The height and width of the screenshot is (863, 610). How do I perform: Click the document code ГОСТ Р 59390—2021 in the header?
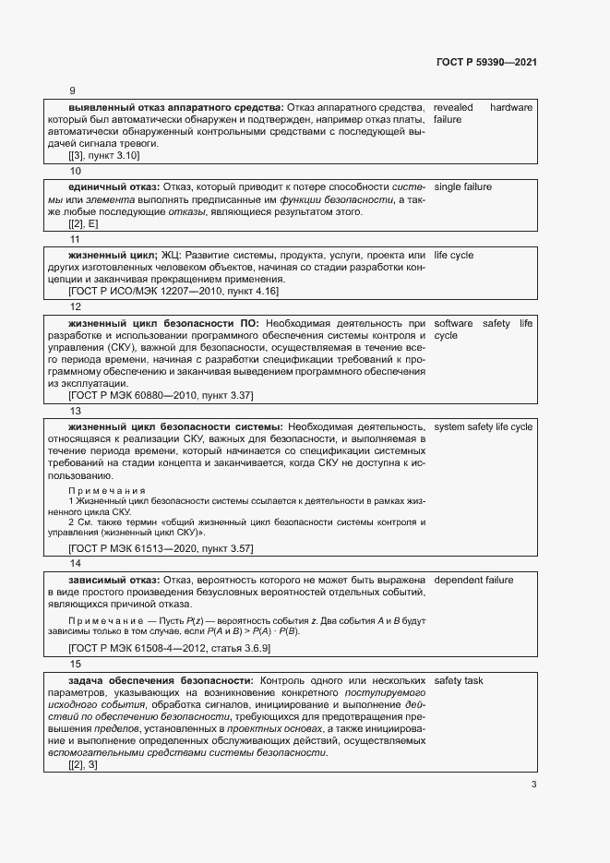tap(485, 62)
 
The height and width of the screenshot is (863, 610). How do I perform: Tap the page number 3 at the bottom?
tap(533, 785)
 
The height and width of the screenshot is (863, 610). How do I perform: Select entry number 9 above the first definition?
tap(73, 90)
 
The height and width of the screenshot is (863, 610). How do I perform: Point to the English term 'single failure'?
tap(462, 187)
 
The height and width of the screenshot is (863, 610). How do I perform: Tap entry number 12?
tap(76, 306)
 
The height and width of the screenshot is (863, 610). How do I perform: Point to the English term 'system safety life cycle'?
tap(483, 427)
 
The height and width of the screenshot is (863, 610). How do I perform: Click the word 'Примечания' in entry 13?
tap(108, 490)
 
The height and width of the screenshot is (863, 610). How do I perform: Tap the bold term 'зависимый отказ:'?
tap(114, 581)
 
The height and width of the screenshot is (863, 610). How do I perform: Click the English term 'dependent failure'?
tap(473, 581)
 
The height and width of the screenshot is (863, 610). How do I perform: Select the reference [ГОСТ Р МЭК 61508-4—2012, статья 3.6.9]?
tap(169, 650)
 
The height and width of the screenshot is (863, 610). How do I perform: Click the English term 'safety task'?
tap(459, 681)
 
